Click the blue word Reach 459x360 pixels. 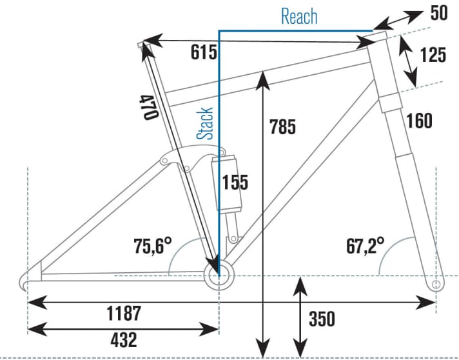tap(299, 15)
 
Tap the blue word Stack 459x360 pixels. tap(206, 123)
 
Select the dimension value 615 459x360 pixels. tap(203, 52)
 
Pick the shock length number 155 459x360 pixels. tap(235, 183)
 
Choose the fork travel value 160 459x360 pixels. tap(419, 120)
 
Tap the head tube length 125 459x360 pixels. tap(432, 55)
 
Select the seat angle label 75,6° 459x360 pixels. tap(153, 245)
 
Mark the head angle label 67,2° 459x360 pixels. tap(365, 245)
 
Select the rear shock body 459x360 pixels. tap(227, 183)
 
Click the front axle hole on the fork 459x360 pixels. tap(435, 283)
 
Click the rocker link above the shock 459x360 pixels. tap(187, 158)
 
